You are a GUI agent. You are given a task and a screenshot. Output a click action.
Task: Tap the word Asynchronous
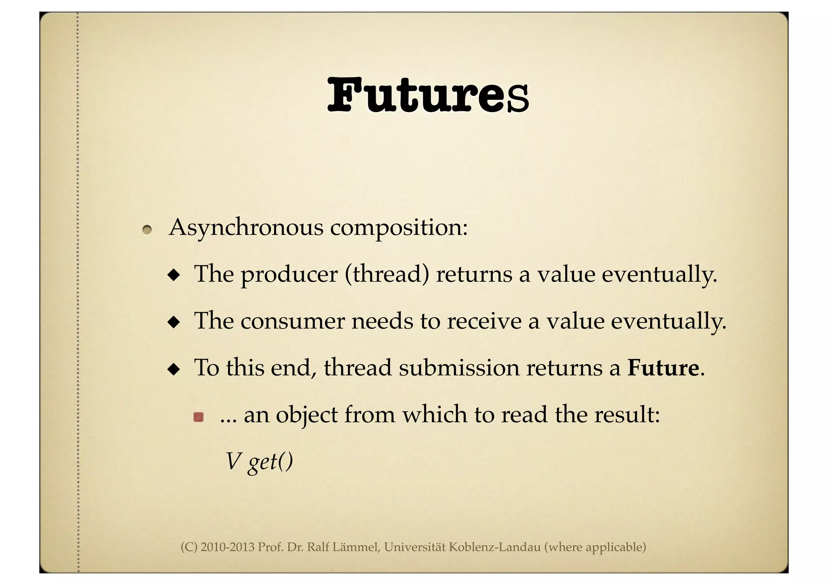point(246,228)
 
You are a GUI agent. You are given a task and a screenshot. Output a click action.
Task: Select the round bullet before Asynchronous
point(147,230)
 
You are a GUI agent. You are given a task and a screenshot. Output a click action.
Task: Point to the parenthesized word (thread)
point(387,275)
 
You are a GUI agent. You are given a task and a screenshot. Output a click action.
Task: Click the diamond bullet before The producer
point(174,276)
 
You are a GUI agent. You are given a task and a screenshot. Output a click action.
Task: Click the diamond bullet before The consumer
point(174,323)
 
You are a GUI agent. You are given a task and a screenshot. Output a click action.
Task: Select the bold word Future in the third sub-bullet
point(663,368)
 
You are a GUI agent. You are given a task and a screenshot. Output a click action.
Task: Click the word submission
point(459,368)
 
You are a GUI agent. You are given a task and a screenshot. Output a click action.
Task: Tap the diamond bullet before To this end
point(174,370)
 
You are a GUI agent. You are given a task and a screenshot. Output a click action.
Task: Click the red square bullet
point(198,417)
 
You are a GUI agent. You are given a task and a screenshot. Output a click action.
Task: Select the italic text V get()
point(259,462)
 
